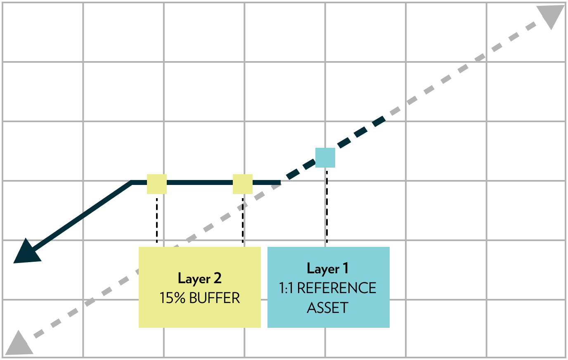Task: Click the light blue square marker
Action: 325,158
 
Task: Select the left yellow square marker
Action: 157,184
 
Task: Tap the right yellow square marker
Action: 243,184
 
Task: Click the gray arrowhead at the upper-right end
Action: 552,17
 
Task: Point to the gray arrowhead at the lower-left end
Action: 18,344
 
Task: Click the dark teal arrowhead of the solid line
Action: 26,252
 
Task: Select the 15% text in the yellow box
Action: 172,298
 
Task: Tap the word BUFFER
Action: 214,298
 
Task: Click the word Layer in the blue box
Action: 323,269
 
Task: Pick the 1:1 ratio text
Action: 286,288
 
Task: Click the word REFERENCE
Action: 336,288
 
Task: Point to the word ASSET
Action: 328,308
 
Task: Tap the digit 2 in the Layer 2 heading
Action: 218,278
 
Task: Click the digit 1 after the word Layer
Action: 346,269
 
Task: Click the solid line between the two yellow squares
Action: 200,182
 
